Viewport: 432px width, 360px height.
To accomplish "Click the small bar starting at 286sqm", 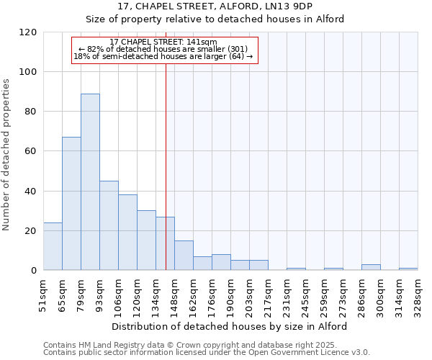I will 371,267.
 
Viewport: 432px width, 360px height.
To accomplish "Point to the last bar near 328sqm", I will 408,269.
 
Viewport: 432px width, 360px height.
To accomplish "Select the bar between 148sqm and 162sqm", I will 184,256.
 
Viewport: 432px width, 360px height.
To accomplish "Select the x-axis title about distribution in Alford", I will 230,326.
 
